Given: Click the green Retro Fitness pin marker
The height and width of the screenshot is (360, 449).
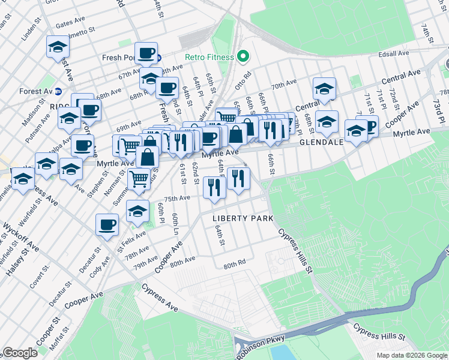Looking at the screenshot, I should tap(243, 57).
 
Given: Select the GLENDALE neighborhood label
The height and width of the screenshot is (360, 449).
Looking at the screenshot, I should tap(321, 143).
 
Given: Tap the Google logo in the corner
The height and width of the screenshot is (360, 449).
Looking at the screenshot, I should tap(20, 353).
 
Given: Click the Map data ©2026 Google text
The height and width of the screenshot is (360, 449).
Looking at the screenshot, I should tap(412, 355).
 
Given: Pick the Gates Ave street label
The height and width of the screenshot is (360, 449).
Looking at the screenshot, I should tap(67, 25).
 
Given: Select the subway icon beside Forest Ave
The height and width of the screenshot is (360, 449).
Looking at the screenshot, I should tap(58, 92).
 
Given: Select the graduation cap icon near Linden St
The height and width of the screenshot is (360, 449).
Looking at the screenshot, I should tap(58, 46).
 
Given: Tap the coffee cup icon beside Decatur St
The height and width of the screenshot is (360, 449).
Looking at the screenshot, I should tap(107, 225).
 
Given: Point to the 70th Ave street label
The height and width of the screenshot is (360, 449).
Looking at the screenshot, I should tap(283, 85).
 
